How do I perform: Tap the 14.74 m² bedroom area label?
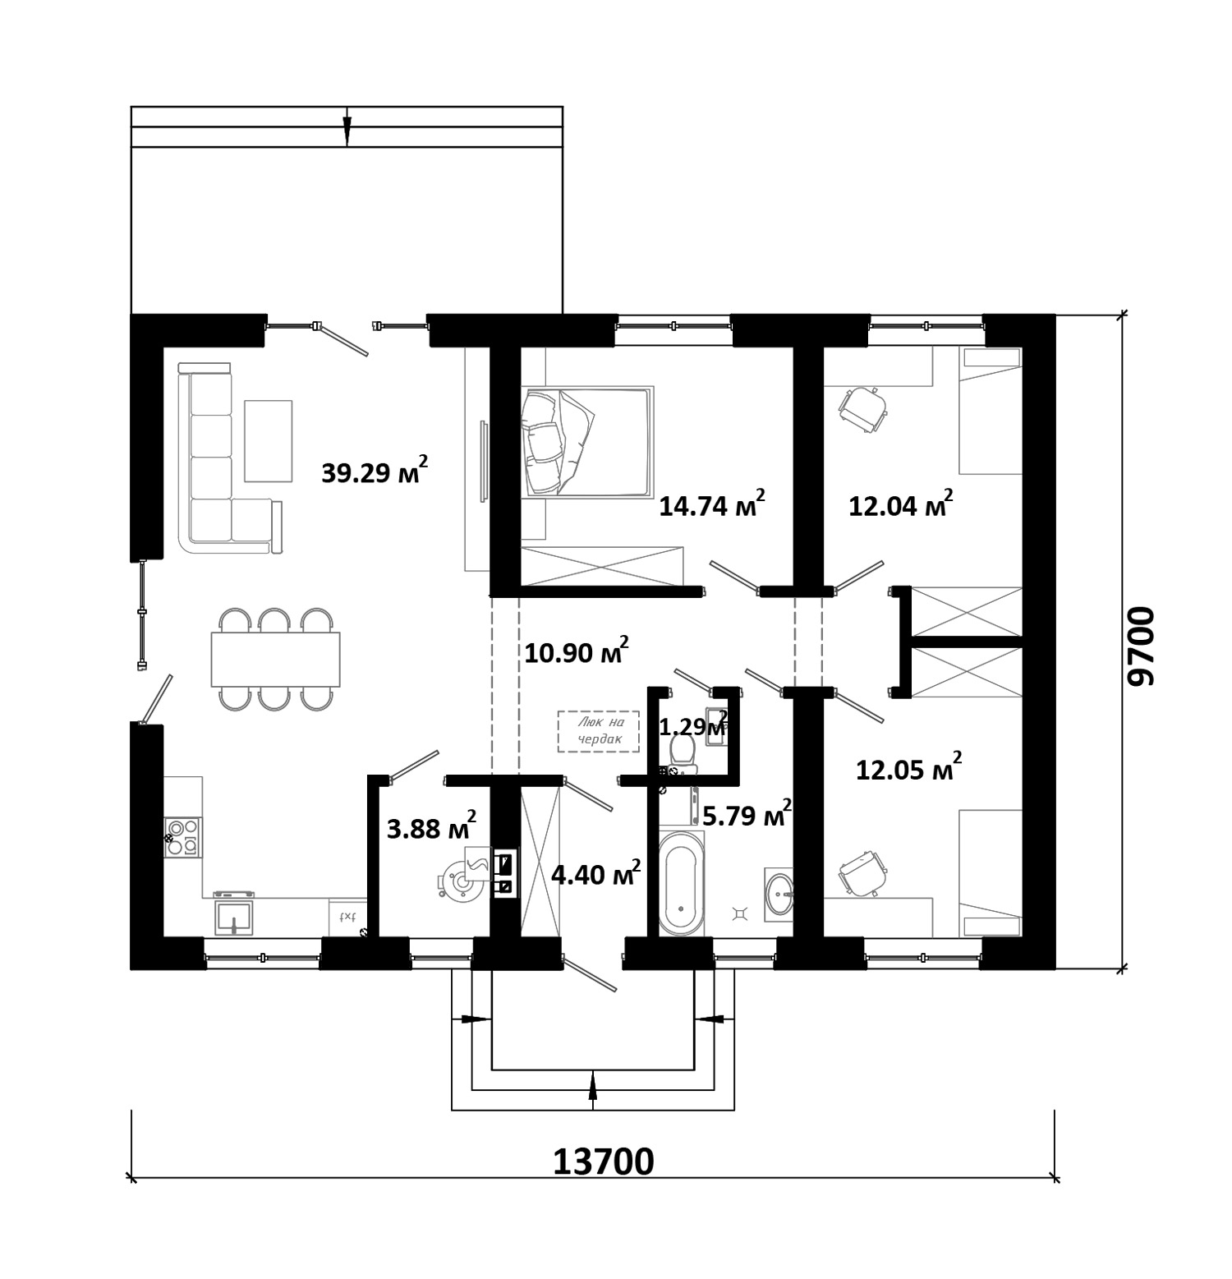click(712, 504)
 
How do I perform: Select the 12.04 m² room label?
click(900, 504)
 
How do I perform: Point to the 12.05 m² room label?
click(908, 768)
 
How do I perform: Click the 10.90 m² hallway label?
click(577, 651)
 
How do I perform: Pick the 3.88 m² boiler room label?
click(431, 827)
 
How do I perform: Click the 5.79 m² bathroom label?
click(747, 815)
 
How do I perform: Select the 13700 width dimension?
click(604, 1162)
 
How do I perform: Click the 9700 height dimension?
click(1142, 646)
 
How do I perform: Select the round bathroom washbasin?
click(779, 894)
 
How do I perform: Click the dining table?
click(275, 659)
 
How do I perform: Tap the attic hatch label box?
click(598, 731)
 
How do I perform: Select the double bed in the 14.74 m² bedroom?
click(587, 442)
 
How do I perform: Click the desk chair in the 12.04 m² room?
click(862, 408)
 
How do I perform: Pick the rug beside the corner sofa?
click(268, 440)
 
